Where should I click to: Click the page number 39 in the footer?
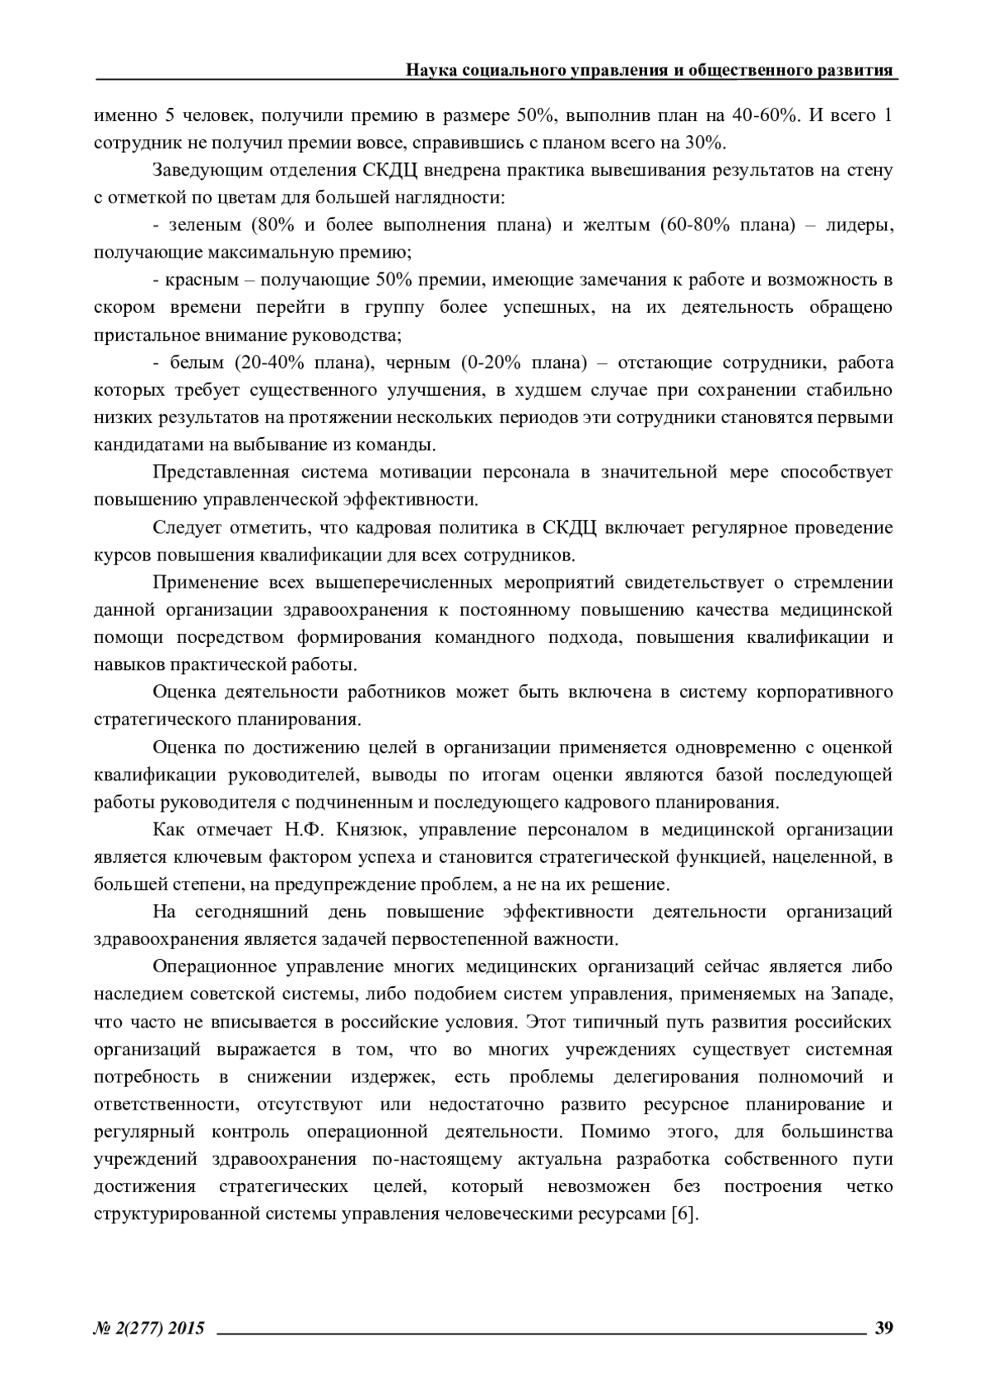pyautogui.click(x=883, y=1327)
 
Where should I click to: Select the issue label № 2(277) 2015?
pyautogui.click(x=149, y=1327)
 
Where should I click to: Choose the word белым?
pyautogui.click(x=196, y=363)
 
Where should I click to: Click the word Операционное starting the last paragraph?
pyautogui.click(x=217, y=966)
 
